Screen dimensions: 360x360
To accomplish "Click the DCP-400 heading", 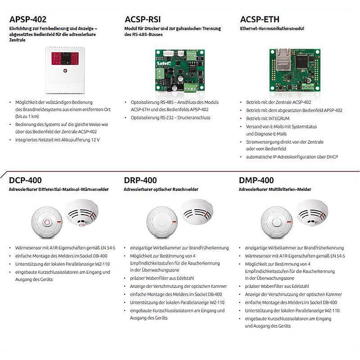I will (26, 180).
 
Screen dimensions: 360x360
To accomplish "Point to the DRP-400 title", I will (140, 180).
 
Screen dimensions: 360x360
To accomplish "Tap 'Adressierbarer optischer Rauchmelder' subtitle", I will (161, 190).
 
